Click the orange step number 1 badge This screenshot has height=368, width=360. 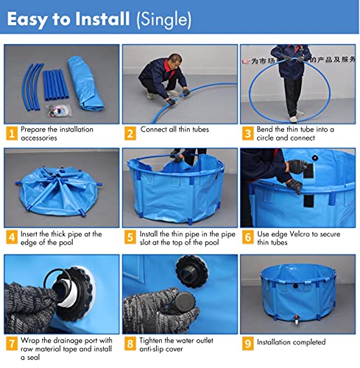(12, 133)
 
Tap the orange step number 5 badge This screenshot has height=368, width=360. (130, 237)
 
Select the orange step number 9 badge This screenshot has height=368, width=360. (248, 343)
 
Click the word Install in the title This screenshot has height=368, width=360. (102, 19)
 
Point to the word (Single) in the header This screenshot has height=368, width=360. (164, 20)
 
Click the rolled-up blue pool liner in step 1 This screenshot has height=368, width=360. (85, 83)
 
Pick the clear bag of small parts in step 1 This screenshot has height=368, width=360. (60, 110)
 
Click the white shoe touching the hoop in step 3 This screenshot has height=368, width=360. (294, 119)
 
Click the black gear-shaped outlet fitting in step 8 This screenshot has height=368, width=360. (192, 272)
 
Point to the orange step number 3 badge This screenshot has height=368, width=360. (248, 133)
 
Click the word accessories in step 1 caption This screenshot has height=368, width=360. (39, 138)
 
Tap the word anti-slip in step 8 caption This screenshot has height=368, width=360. (150, 349)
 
